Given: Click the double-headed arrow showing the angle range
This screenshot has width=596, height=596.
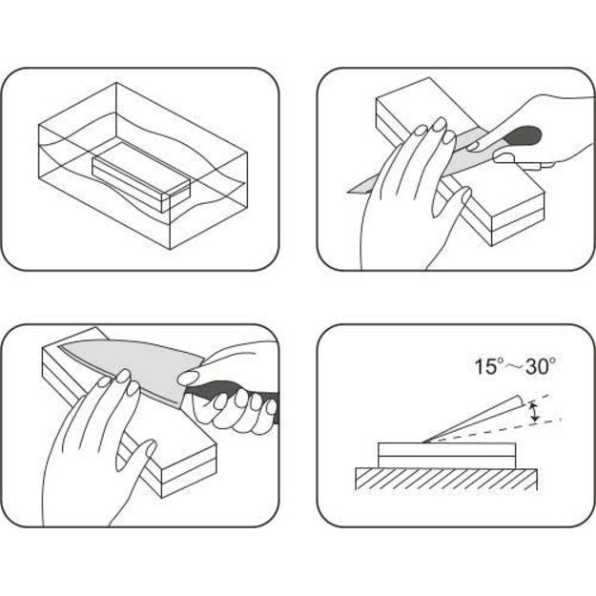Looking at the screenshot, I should coord(535,411).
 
